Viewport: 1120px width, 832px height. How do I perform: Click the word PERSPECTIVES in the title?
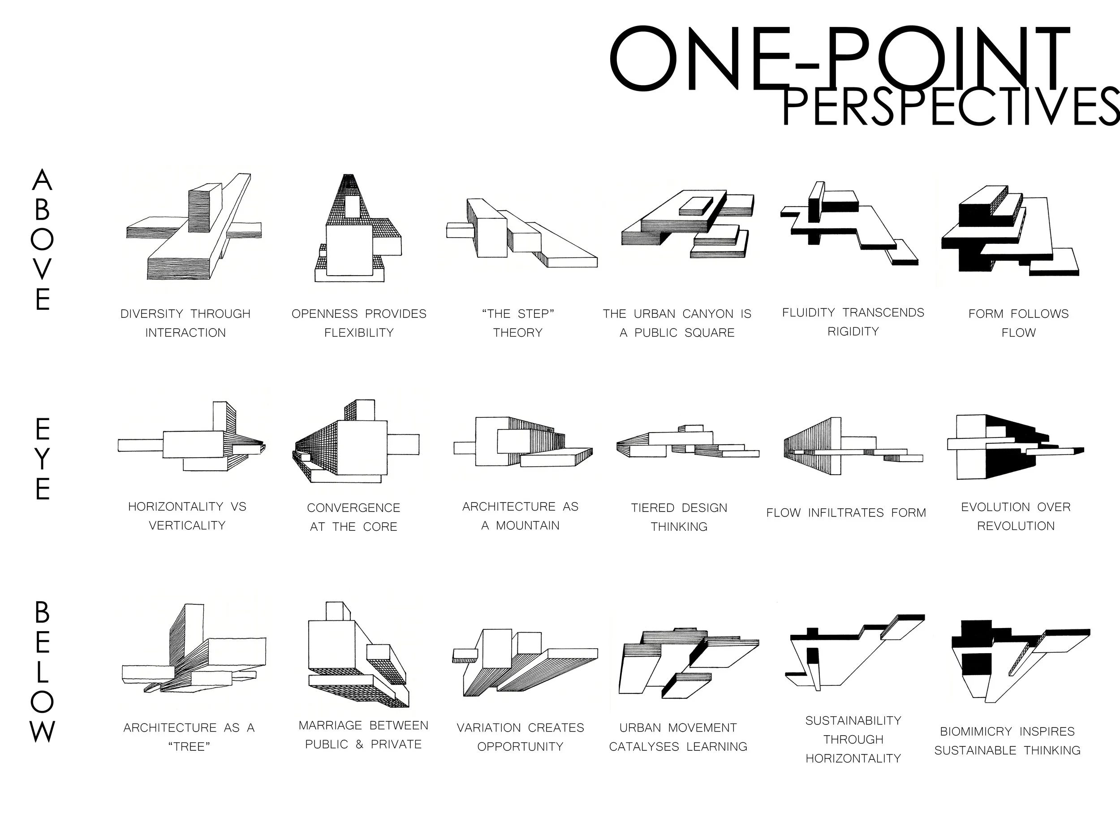pyautogui.click(x=950, y=107)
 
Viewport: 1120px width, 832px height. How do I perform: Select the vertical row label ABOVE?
pyautogui.click(x=42, y=240)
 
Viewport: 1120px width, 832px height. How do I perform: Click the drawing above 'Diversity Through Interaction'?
pyautogui.click(x=194, y=228)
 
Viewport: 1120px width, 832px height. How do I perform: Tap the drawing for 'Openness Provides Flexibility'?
pyautogui.click(x=358, y=229)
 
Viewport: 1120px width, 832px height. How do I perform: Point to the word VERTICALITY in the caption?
pyautogui.click(x=187, y=525)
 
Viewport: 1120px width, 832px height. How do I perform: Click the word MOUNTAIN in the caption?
pyautogui.click(x=528, y=525)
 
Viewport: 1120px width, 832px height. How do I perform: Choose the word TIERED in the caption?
pyautogui.click(x=653, y=507)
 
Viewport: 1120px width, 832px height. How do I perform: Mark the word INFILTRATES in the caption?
pyautogui.click(x=846, y=513)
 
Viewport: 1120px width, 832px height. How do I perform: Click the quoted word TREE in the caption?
pyautogui.click(x=189, y=746)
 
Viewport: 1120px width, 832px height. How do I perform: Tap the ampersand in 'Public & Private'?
pyautogui.click(x=359, y=745)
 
